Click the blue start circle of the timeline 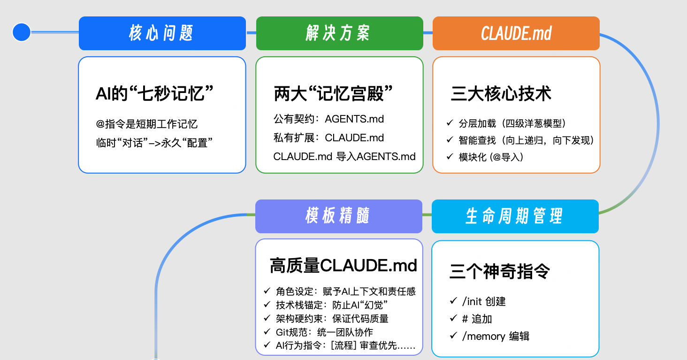point(22,32)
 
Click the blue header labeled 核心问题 point(162,33)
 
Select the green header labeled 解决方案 point(339,33)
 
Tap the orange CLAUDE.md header point(516,33)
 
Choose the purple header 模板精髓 point(338,216)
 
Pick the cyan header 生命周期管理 point(515,216)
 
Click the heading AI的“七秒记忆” point(155,93)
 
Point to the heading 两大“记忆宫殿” point(333,93)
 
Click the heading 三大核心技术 point(501,93)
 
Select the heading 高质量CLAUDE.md point(343,266)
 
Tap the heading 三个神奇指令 point(499,271)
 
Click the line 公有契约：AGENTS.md point(328,119)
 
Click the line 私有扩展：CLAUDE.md point(328,138)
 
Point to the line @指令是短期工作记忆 point(146,124)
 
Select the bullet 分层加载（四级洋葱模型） point(512,123)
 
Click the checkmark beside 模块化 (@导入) point(450,157)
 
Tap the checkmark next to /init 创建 point(453,301)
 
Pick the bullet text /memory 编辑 point(496,336)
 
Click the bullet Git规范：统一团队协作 point(324,332)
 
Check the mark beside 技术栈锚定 point(267,305)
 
